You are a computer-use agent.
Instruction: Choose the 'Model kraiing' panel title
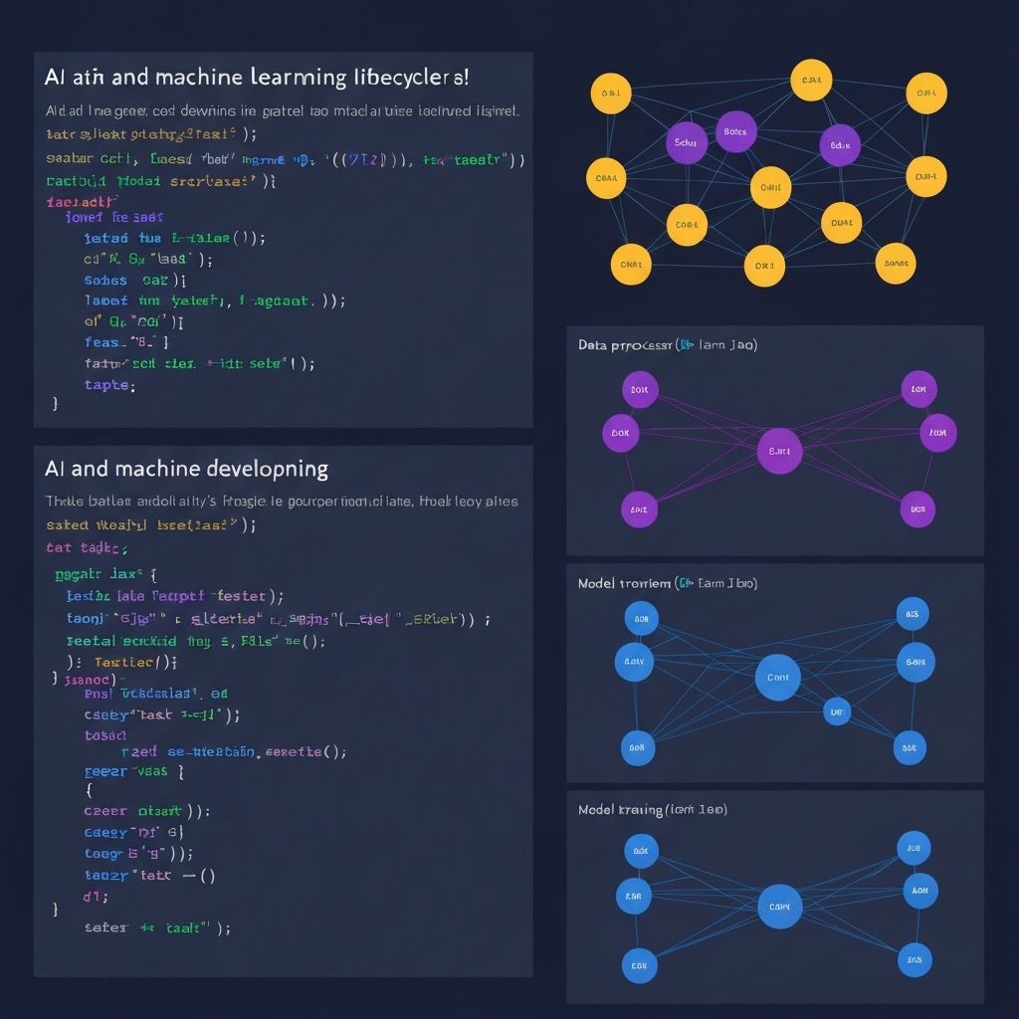[618, 810]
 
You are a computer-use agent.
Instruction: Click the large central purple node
[779, 451]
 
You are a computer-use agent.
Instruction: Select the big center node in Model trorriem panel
[778, 678]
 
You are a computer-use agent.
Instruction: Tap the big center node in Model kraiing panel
[779, 907]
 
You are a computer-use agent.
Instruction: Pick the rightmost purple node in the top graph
[839, 145]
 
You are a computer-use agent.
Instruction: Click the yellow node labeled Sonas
[895, 264]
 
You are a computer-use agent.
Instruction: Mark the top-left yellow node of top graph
[610, 96]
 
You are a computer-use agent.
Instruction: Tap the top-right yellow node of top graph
[925, 95]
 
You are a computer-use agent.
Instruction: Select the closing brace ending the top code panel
[56, 405]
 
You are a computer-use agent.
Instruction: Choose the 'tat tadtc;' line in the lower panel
[87, 547]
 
